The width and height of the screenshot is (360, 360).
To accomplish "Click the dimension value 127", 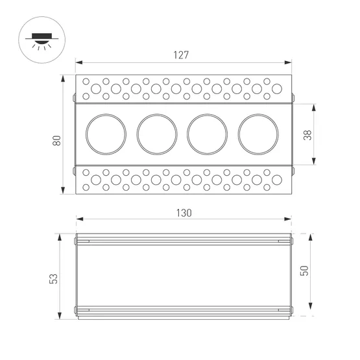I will tap(181, 55).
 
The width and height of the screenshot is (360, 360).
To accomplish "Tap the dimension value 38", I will tap(308, 134).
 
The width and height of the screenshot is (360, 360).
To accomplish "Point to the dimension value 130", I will tap(184, 213).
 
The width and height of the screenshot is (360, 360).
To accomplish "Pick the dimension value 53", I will tap(54, 277).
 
